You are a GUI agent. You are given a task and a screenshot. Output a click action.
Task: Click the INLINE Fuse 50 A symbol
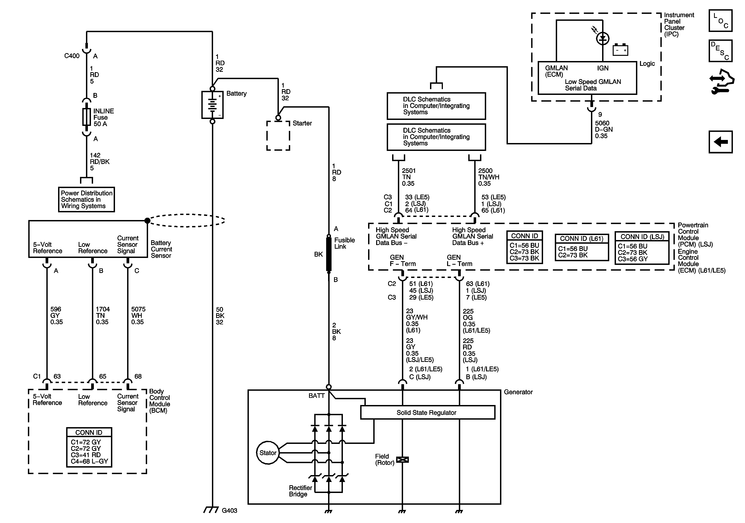(87, 117)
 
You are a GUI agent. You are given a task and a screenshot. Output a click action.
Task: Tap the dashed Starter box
(278, 136)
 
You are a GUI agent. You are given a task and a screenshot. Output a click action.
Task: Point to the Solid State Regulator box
(428, 413)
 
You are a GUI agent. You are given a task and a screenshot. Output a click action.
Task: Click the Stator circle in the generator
(268, 453)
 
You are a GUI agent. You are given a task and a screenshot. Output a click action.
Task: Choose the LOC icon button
(721, 20)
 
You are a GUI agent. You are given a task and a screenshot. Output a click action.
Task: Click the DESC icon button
(721, 51)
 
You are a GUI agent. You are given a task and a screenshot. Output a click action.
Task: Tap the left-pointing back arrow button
(721, 142)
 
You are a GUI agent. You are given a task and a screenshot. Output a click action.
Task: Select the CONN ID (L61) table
(582, 247)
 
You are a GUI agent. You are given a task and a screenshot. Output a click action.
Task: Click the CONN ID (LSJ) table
(642, 248)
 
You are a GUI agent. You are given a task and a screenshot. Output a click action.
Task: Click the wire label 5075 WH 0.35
(138, 316)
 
